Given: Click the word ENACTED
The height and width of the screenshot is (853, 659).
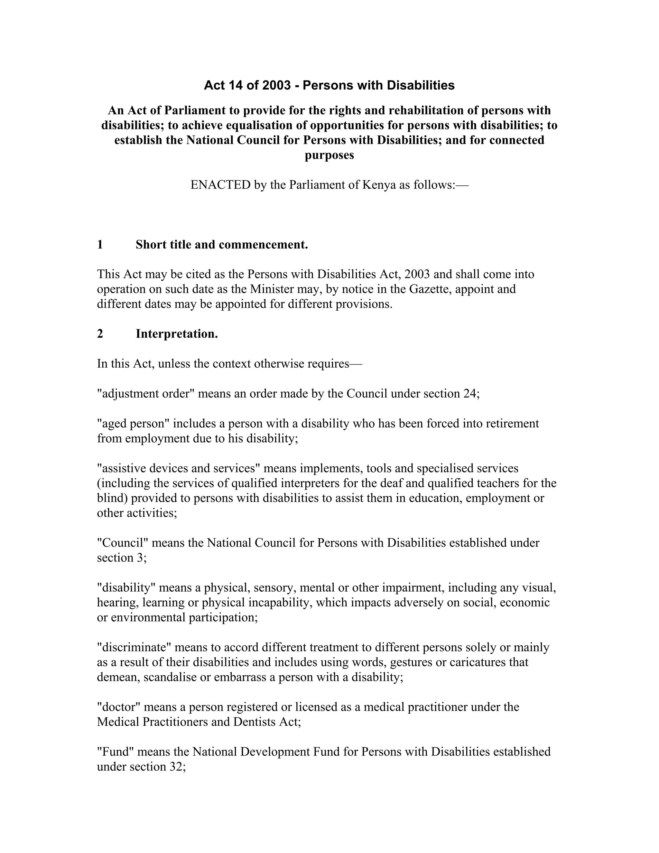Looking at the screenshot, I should click(220, 185).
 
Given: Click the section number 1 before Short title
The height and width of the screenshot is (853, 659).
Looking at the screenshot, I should click(100, 245).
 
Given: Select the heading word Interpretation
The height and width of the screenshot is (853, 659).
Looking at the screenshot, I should click(176, 334).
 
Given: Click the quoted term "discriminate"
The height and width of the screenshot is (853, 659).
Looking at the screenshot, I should click(134, 647).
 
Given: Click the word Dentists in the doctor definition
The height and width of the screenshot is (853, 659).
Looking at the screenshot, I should click(255, 722).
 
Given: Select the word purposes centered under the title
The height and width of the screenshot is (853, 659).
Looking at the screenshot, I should click(329, 155).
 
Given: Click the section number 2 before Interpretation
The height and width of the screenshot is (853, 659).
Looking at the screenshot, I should click(100, 334).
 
